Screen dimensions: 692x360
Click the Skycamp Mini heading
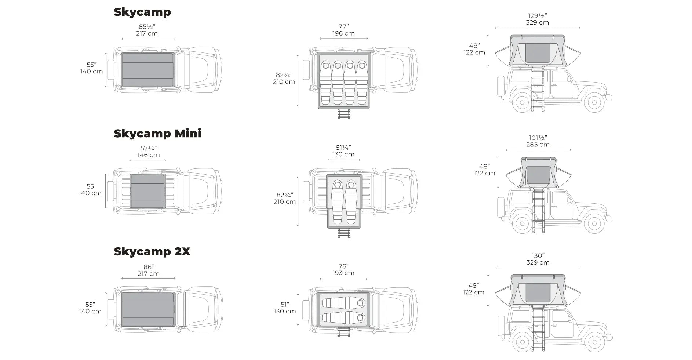(157, 133)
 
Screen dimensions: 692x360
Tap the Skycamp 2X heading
(152, 252)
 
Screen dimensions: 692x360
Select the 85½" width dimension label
(147, 27)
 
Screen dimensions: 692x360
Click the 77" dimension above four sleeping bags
(344, 26)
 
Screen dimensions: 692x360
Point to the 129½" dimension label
(538, 16)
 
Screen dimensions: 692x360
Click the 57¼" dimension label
(149, 148)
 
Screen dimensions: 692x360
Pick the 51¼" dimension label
(343, 148)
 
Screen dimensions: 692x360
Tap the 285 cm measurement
(538, 145)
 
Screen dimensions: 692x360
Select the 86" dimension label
(148, 267)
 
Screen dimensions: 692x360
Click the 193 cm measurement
(343, 273)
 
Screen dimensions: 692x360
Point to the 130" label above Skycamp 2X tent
(538, 256)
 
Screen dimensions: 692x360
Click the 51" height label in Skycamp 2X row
(285, 305)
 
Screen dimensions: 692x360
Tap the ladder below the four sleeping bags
(344, 114)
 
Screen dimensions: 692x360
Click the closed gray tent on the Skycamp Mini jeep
(147, 191)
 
